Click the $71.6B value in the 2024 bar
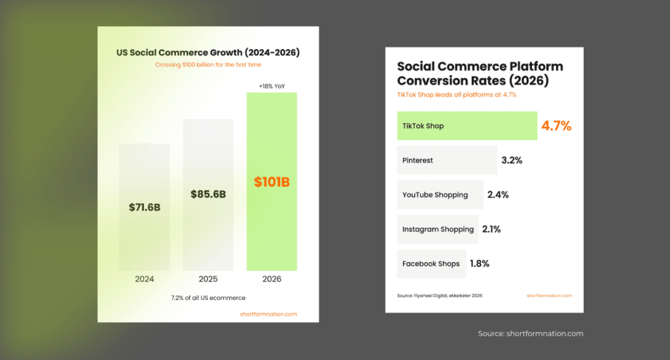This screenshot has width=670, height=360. click(145, 207)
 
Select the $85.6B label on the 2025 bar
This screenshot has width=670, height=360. click(208, 194)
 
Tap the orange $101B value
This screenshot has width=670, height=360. click(272, 182)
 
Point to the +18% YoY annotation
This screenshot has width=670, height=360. click(272, 86)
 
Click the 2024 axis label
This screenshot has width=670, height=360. click(145, 279)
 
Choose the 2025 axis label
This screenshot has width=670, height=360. click(208, 279)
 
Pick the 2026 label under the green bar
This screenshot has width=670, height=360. click(272, 279)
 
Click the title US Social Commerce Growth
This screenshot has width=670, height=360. click(208, 52)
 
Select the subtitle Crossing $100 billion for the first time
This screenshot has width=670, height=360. click(208, 65)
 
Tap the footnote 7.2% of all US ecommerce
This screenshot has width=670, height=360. click(208, 298)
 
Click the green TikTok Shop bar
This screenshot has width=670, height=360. click(467, 126)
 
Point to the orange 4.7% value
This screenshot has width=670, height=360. click(556, 126)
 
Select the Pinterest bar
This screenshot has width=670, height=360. click(447, 160)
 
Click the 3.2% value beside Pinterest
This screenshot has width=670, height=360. click(512, 160)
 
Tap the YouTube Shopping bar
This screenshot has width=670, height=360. click(440, 195)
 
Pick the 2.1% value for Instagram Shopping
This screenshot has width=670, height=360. click(491, 229)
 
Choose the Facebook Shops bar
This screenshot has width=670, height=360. click(431, 264)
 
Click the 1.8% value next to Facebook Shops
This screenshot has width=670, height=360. click(479, 264)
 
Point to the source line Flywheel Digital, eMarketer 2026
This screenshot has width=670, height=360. click(440, 296)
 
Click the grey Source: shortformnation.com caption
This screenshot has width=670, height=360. click(530, 334)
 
